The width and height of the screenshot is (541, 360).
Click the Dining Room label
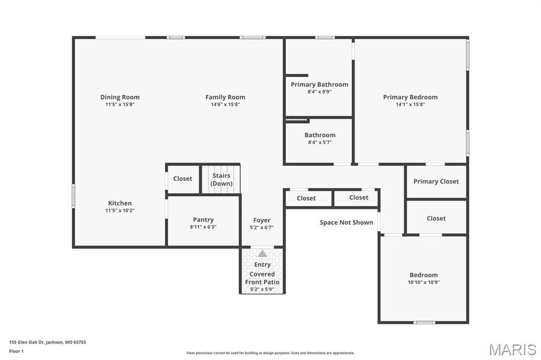120,97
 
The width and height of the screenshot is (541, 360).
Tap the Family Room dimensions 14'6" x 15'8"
225,105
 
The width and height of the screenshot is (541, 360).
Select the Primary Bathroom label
319,84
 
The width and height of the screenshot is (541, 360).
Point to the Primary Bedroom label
410,97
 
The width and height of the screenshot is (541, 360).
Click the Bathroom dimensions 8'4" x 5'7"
320,143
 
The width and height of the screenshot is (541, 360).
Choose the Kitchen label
120,203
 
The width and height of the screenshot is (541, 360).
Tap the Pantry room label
203,220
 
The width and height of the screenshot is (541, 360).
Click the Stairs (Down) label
221,179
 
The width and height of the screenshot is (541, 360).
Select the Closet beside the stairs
183,178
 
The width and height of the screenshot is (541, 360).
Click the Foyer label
262,220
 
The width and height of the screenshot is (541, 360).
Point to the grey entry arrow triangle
262,254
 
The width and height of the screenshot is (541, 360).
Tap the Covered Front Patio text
262,278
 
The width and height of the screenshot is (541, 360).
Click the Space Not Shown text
346,222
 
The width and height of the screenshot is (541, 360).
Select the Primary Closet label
436,182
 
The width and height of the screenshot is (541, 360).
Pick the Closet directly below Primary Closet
436,218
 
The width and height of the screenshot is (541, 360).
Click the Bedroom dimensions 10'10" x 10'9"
423,282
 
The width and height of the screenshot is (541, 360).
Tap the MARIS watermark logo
512,349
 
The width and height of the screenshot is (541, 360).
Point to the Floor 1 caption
16,351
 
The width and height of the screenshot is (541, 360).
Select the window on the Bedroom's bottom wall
424,322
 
